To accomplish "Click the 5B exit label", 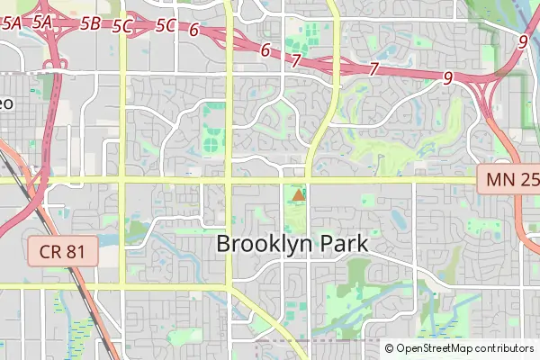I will click(90, 24).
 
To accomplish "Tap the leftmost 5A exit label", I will click(12, 24).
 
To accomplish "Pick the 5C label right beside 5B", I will click(123, 26).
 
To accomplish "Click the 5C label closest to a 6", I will click(165, 25).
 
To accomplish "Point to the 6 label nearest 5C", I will click(193, 29).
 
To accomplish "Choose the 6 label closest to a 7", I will click(265, 49).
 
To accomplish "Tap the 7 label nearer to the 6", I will click(296, 60).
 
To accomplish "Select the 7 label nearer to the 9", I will click(373, 68).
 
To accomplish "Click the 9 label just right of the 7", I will click(447, 78).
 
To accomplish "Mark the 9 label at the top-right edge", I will click(523, 40).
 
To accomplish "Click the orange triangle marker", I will click(298, 194).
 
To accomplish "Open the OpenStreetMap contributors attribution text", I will click(465, 348).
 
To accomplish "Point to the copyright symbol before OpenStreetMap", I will click(390, 348).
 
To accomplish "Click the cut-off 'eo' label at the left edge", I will click(6, 103).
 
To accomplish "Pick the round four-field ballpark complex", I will click(211, 142).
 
